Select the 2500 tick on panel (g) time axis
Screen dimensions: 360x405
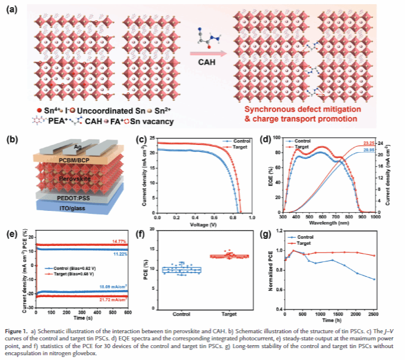372,313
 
